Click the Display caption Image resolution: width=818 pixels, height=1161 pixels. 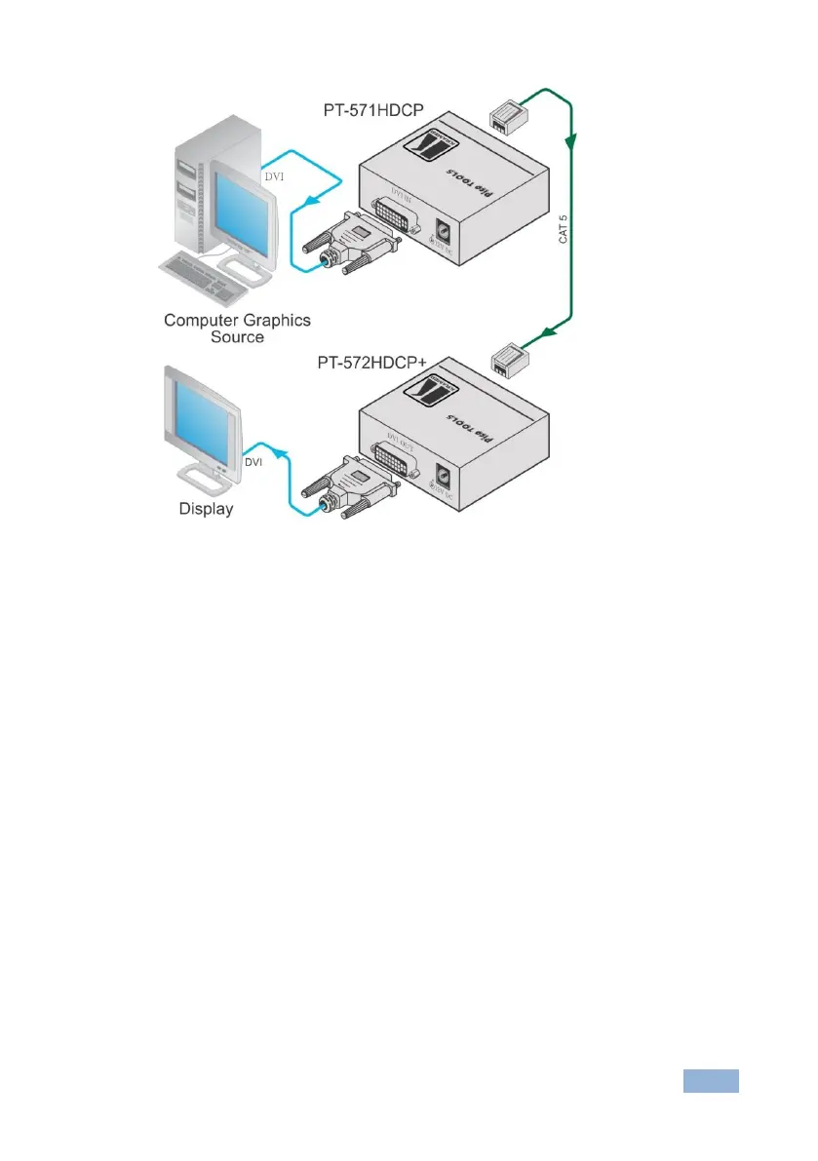pyautogui.click(x=206, y=508)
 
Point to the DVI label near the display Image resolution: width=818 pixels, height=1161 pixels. pyautogui.click(x=254, y=461)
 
